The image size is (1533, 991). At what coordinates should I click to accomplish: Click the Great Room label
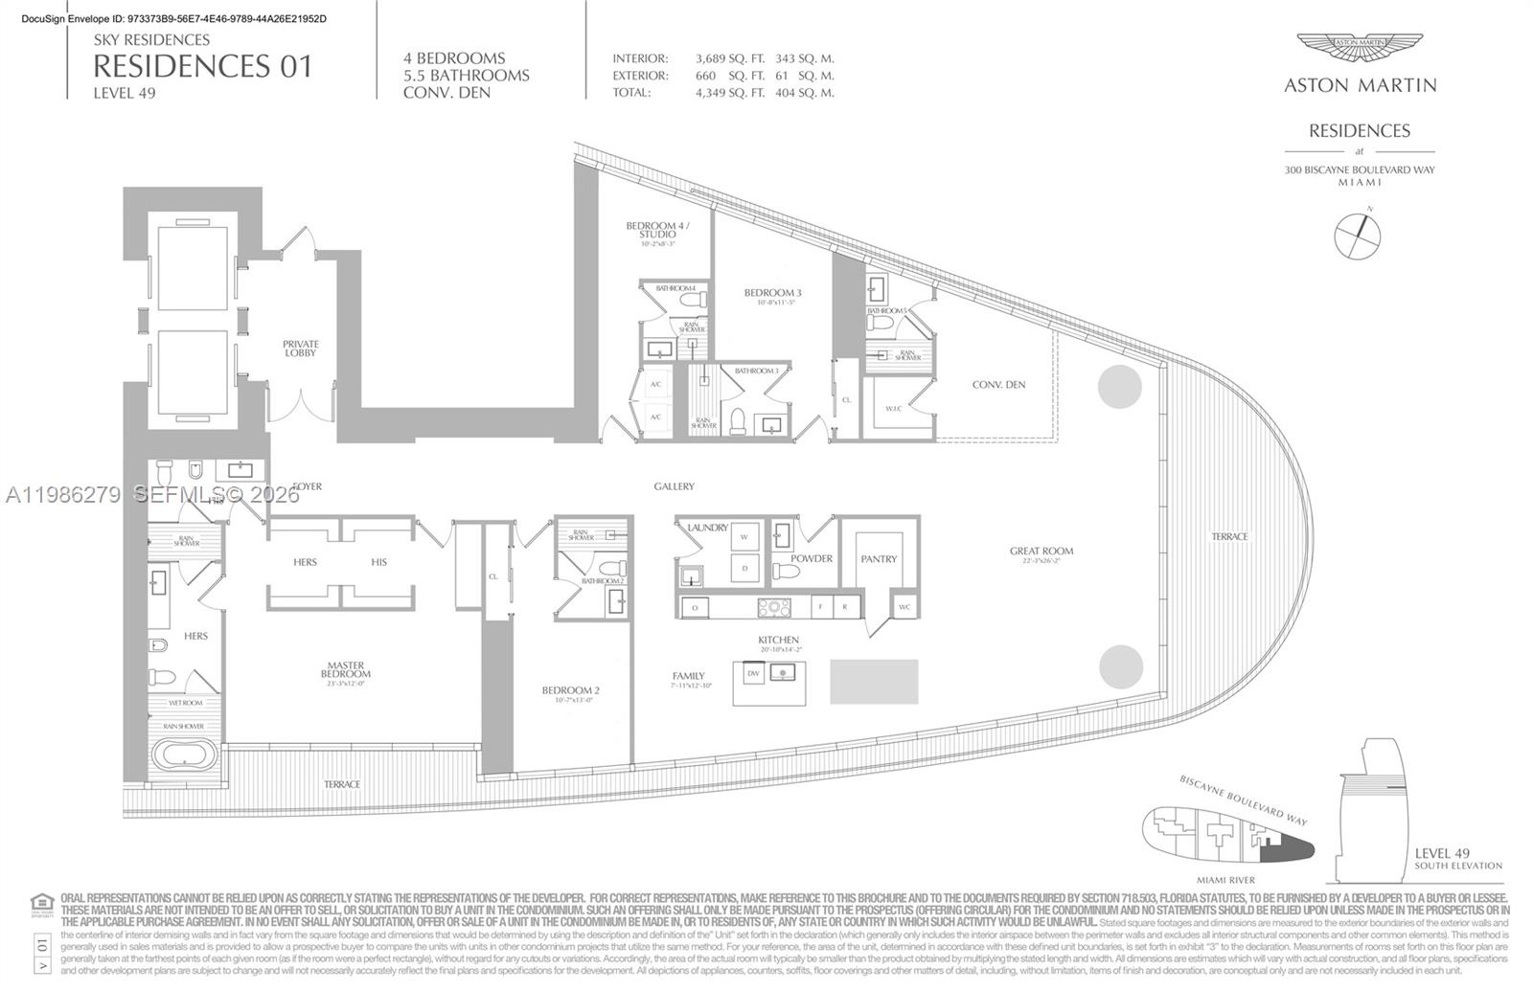click(x=1041, y=552)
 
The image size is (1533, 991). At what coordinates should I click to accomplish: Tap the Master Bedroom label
click(x=345, y=669)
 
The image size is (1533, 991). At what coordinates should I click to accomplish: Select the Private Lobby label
click(x=300, y=349)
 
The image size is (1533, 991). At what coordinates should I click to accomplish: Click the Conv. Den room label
click(x=998, y=385)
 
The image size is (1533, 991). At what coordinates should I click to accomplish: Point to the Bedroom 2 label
click(x=570, y=690)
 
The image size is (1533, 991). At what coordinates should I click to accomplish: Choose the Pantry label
click(x=879, y=559)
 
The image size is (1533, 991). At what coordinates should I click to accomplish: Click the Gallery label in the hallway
click(x=674, y=486)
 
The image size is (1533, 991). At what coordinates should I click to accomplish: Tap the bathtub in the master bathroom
click(x=186, y=756)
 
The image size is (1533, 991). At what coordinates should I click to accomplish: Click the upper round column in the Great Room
click(x=1119, y=387)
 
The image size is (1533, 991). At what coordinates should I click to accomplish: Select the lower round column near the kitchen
click(x=1120, y=666)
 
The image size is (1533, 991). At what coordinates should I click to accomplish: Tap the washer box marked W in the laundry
click(x=744, y=537)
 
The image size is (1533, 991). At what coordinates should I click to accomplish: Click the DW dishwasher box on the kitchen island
click(x=753, y=674)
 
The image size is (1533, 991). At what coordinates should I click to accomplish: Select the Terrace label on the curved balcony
click(x=1229, y=537)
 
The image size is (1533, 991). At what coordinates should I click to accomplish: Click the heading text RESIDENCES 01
click(x=202, y=66)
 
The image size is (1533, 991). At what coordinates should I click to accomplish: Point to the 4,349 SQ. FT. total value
click(x=729, y=93)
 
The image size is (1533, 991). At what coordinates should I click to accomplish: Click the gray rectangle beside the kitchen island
click(x=874, y=681)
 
